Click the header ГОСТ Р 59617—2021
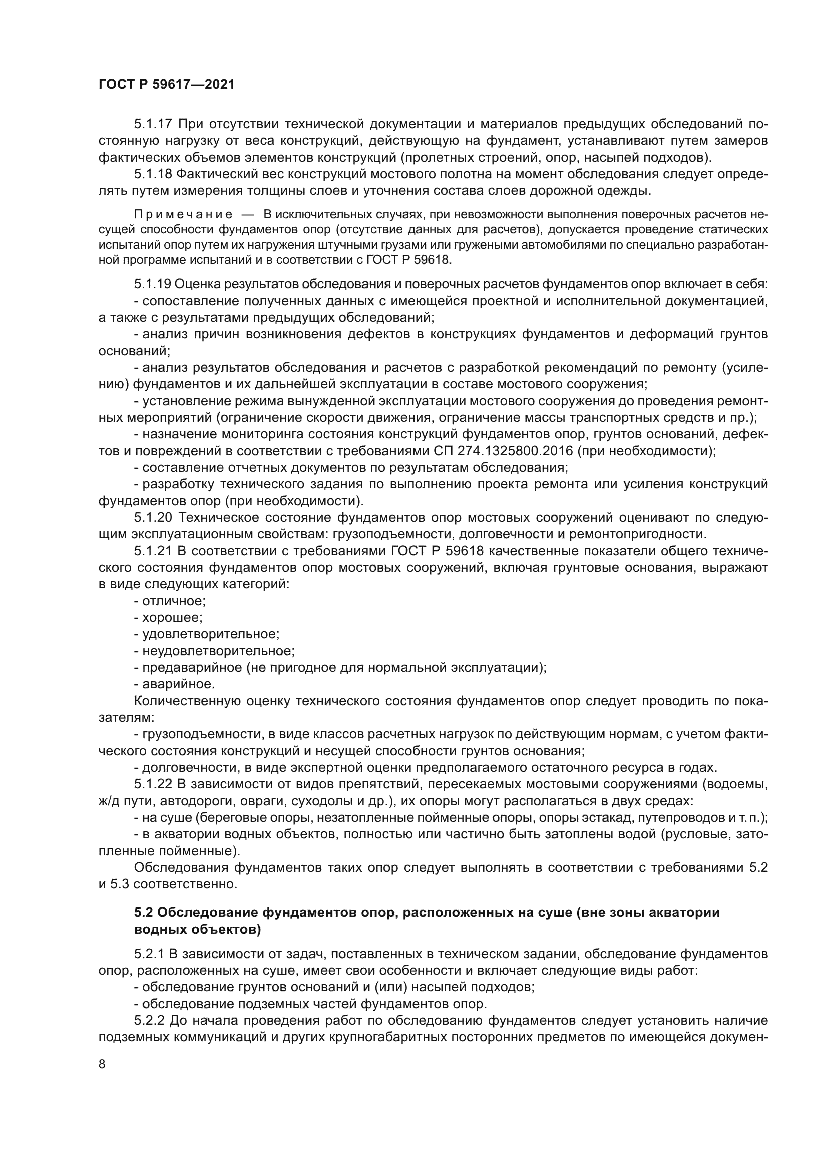[x=167, y=84]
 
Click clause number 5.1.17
[x=153, y=124]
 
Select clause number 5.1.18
[x=153, y=174]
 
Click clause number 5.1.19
[x=153, y=284]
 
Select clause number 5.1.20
[x=153, y=518]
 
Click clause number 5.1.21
[x=153, y=551]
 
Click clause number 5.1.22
[x=153, y=784]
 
